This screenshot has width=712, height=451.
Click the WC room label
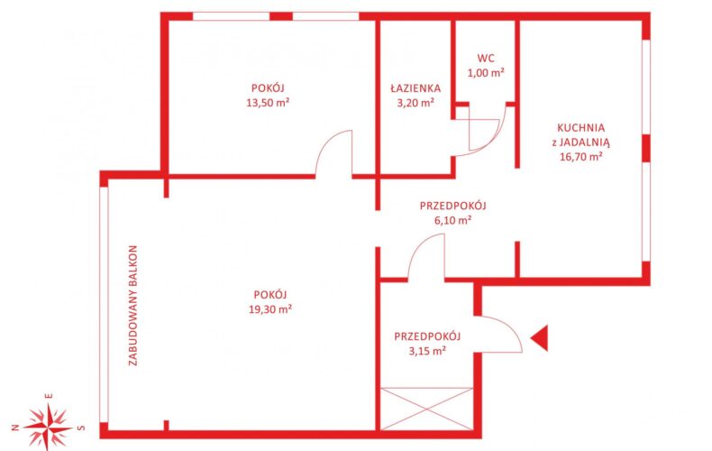pyautogui.click(x=486, y=59)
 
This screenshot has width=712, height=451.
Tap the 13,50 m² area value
pyautogui.click(x=268, y=103)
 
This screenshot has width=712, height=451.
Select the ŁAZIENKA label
pyautogui.click(x=415, y=87)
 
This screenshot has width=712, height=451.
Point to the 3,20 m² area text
pyautogui.click(x=415, y=103)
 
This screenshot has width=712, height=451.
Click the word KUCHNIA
pyautogui.click(x=580, y=128)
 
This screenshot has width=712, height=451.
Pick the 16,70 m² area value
pyautogui.click(x=580, y=157)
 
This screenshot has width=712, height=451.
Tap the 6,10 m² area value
pyautogui.click(x=452, y=220)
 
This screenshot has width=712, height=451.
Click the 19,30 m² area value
pyautogui.click(x=270, y=309)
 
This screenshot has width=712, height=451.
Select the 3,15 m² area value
pyautogui.click(x=427, y=351)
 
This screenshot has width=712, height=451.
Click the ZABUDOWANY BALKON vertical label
pyautogui.click(x=132, y=306)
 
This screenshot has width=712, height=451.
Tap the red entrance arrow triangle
pyautogui.click(x=540, y=338)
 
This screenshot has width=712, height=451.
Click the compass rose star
pyautogui.click(x=48, y=428)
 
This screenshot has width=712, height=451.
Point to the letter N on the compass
pyautogui.click(x=15, y=428)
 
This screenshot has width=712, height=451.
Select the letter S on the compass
pyautogui.click(x=81, y=428)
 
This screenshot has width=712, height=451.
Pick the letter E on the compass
pyautogui.click(x=49, y=396)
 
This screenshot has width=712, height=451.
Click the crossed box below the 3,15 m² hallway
pyautogui.click(x=426, y=409)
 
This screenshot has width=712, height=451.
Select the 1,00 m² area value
pyautogui.click(x=486, y=73)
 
